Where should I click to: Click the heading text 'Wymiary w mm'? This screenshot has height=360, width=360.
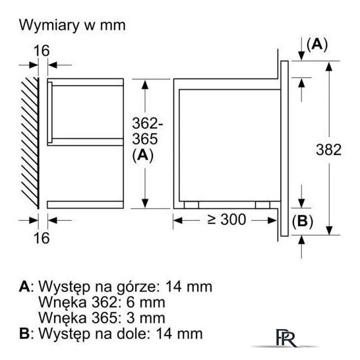pos(73,25)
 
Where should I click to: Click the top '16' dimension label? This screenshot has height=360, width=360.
pos(42,51)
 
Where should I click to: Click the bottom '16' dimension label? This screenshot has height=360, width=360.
pos(42,238)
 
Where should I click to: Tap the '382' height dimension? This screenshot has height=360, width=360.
pos(328,150)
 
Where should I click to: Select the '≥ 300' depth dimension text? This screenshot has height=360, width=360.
pos(226,220)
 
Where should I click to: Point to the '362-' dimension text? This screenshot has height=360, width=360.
pos(148,123)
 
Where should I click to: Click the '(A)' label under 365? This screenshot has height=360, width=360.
pos(142,156)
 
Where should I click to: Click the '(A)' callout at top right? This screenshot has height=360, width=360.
pos(317,44)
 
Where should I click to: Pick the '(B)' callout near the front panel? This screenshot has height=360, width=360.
pos(303,222)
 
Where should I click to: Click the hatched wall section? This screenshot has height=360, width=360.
pos(30,143)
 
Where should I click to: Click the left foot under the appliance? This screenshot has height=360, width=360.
pos(191,205)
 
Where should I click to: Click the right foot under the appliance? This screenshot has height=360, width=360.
pos(262,205)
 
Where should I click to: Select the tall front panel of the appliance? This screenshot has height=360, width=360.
pos(284,148)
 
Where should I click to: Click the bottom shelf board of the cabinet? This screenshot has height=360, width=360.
pos(86,205)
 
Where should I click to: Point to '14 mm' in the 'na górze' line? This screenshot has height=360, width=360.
pos(189,287)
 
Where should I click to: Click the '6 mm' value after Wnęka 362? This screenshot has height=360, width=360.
pos(146,302)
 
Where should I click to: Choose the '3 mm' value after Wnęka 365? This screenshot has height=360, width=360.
pos(146,318)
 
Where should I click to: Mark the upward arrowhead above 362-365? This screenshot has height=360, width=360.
pos(145,85)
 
